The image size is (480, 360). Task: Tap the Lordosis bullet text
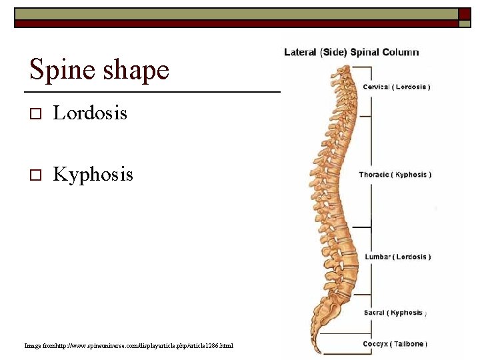pos(90,113)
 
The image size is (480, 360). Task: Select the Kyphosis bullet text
pos(93,175)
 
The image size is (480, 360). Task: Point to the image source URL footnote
pos(129,345)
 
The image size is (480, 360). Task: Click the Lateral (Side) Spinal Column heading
pos(351,52)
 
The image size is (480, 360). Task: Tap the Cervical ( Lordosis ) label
pos(396,87)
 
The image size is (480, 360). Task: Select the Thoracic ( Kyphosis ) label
pos(395,175)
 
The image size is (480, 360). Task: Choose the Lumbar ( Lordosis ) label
pos(397,257)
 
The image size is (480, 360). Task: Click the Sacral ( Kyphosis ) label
pos(395,313)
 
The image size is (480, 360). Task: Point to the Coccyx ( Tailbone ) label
pos(394,344)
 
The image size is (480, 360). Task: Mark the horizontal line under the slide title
pos(152,91)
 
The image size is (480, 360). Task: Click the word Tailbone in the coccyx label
pos(408,344)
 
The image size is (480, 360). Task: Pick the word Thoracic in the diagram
pos(374,175)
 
